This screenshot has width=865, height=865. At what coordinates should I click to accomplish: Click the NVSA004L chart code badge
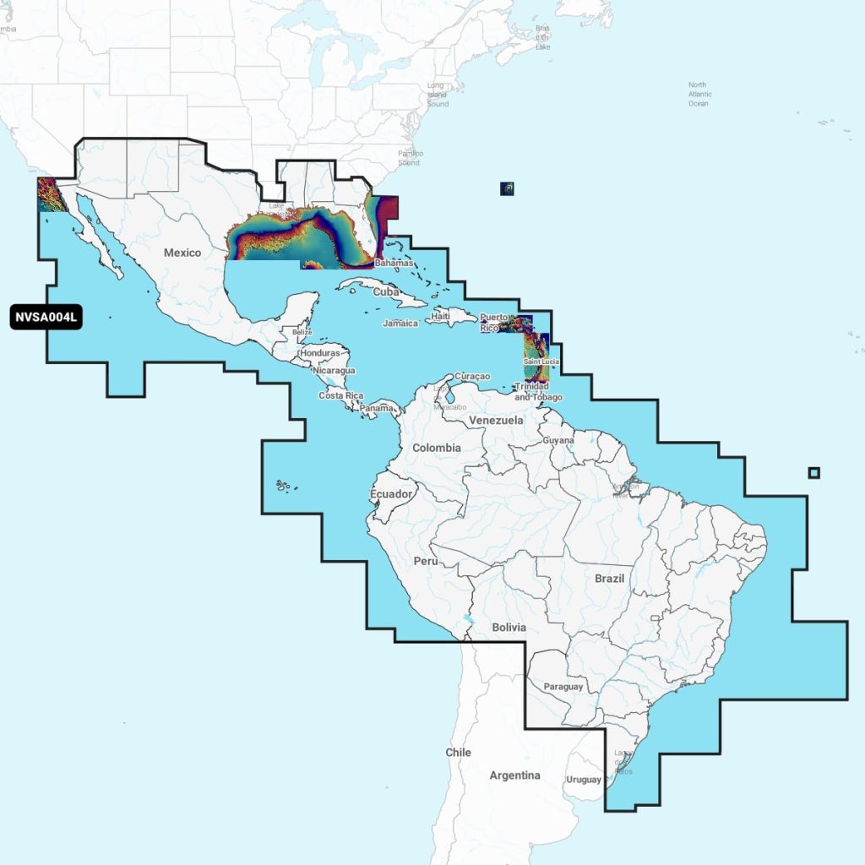[46, 318]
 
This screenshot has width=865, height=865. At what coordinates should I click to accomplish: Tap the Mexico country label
[182, 253]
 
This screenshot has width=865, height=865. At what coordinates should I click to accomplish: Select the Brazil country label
[609, 579]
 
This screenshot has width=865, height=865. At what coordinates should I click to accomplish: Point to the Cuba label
[385, 291]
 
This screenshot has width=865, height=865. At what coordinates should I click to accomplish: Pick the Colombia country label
[437, 448]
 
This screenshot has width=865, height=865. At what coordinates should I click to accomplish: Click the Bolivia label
[509, 628]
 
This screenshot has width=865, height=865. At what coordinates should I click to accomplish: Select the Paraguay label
[563, 687]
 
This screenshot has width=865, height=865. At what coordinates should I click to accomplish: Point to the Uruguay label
[583, 780]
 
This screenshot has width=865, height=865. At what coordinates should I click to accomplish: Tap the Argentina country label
[514, 775]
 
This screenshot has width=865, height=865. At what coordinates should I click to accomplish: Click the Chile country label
[459, 753]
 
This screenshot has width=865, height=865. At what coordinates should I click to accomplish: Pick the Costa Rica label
[341, 396]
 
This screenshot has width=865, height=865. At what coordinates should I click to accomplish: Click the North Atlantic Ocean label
[699, 95]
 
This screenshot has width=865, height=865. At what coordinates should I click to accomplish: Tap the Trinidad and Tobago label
[532, 392]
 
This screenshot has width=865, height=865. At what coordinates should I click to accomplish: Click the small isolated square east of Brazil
[813, 472]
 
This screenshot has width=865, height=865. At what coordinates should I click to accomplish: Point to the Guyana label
[558, 441]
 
